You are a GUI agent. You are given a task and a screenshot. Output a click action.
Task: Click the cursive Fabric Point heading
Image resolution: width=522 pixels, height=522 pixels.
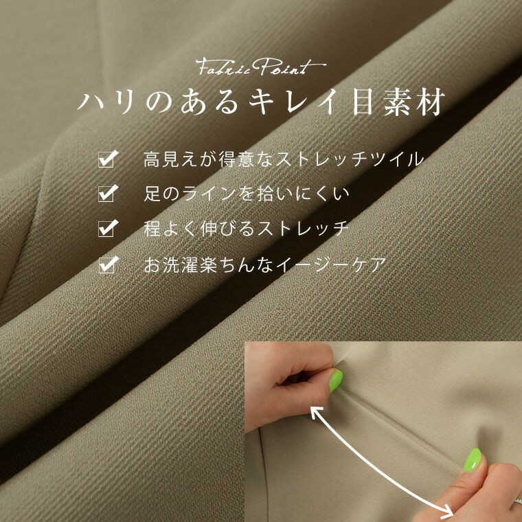coord(261,67)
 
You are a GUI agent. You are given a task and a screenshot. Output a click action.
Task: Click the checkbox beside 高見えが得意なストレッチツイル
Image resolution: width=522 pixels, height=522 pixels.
coord(108,159)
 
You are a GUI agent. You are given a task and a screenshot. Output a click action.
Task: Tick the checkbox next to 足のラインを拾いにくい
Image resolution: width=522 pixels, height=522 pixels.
coord(108,194)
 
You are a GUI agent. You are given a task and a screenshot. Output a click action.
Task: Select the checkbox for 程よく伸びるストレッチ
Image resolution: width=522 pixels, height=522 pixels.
coord(108,228)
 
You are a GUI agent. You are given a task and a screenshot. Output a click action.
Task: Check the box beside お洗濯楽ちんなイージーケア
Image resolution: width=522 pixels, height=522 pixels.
coord(108,264)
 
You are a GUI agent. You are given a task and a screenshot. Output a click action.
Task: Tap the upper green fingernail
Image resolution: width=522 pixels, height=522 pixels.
coord(336,381)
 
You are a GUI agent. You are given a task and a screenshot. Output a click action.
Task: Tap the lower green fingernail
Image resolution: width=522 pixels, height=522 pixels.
coord(473,459)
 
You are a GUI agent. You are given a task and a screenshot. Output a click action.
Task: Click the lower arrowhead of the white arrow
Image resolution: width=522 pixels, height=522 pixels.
coord(449,512)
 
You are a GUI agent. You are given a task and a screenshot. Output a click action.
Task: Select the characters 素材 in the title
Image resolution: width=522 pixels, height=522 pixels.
coord(414,102)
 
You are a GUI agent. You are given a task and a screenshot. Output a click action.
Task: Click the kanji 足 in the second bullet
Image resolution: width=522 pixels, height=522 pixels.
coord(152,194)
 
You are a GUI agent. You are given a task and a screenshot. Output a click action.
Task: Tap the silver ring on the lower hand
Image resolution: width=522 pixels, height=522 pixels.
coord(517,501)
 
